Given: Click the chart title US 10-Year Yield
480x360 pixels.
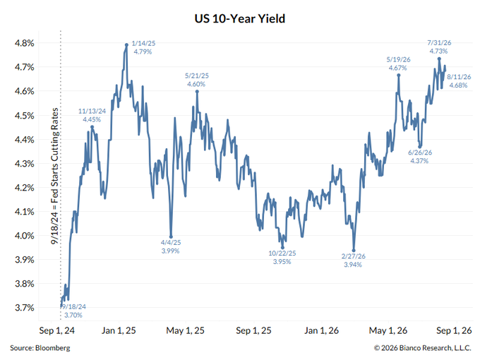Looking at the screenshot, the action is pyautogui.click(x=240, y=18).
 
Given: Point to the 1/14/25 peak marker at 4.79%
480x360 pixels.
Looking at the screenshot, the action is pyautogui.click(x=126, y=45).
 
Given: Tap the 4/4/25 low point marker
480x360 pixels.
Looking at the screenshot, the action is pyautogui.click(x=171, y=236).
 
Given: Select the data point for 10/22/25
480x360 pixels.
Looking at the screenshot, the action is pyautogui.click(x=282, y=248).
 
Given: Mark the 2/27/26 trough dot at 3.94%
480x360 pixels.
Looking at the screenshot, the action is pyautogui.click(x=354, y=251).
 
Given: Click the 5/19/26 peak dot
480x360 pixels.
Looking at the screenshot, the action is pyautogui.click(x=399, y=75).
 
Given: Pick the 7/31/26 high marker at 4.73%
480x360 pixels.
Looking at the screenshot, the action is pyautogui.click(x=439, y=59).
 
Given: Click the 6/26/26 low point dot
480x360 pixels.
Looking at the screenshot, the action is pyautogui.click(x=420, y=147).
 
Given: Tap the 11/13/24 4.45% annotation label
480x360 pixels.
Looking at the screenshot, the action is pyautogui.click(x=92, y=115).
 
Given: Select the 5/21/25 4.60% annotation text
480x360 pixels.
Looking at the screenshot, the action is pyautogui.click(x=196, y=80).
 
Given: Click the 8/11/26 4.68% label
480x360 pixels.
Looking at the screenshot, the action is pyautogui.click(x=459, y=80).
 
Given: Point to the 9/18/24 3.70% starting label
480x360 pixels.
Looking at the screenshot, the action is pyautogui.click(x=74, y=311).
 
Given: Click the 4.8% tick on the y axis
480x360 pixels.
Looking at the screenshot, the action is pyautogui.click(x=25, y=43).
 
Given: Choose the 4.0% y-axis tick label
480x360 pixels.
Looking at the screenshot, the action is pyautogui.click(x=25, y=236).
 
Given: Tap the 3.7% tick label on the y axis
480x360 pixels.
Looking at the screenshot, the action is pyautogui.click(x=25, y=308).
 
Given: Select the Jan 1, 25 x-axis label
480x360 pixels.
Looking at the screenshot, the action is pyautogui.click(x=119, y=330).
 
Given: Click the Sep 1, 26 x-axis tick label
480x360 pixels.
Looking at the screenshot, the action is pyautogui.click(x=454, y=330).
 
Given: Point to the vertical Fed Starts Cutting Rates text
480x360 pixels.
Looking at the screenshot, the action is pyautogui.click(x=55, y=176).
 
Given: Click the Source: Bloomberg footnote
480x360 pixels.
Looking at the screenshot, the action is pyautogui.click(x=40, y=348).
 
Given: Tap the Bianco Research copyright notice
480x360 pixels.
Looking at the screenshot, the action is pyautogui.click(x=422, y=348).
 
